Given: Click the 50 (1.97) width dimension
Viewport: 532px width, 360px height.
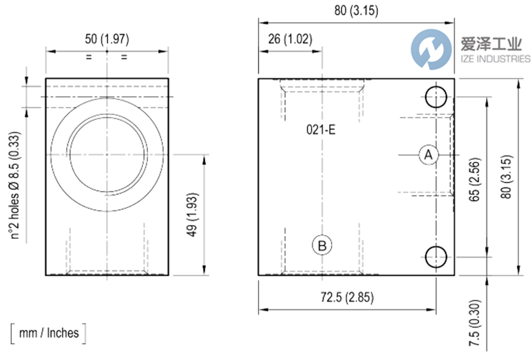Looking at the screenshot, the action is point(107,39).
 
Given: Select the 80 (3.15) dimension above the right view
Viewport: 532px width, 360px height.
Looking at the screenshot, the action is point(356,10).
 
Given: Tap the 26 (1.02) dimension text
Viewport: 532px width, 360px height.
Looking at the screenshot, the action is point(290,39).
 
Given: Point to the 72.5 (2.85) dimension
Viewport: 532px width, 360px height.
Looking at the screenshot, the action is point(347,297).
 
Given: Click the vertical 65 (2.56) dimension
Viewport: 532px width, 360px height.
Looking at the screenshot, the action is point(475,179).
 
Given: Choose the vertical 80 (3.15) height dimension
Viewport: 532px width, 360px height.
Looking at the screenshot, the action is point(506,177).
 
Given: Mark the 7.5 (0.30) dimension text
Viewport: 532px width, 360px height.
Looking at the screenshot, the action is point(475,323).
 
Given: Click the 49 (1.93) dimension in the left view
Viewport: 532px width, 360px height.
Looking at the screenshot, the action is point(192,214).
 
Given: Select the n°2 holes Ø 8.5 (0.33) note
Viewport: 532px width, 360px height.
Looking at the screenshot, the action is point(14,186).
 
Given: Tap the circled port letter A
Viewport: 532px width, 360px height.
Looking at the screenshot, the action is point(428,155).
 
